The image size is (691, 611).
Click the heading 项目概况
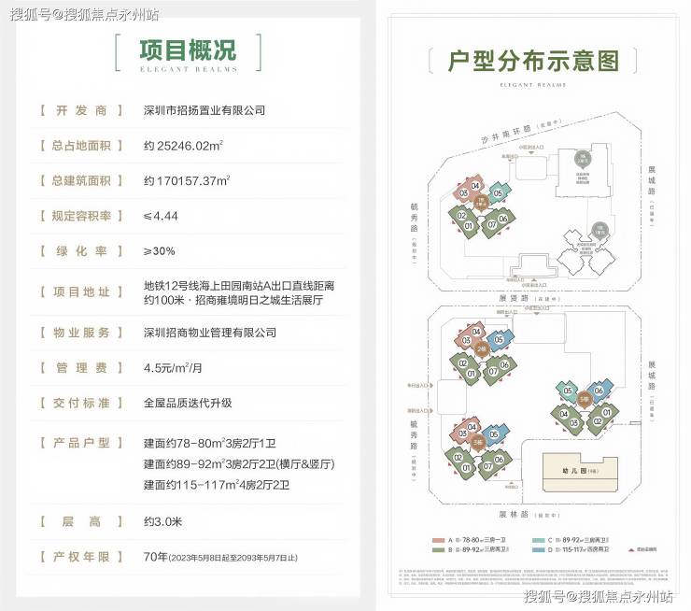click(188, 50)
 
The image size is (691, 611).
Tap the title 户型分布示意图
click(532, 62)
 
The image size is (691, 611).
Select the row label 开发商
click(81, 110)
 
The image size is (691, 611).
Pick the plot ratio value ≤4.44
click(161, 216)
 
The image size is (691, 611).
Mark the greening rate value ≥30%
click(160, 251)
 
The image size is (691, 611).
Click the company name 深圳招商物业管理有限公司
click(210, 333)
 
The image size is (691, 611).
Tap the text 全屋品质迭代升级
click(188, 403)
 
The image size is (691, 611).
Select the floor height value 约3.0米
click(164, 520)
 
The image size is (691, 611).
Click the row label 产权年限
click(81, 556)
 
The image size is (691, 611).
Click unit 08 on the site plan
click(464, 193)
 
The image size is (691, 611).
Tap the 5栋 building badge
click(583, 399)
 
